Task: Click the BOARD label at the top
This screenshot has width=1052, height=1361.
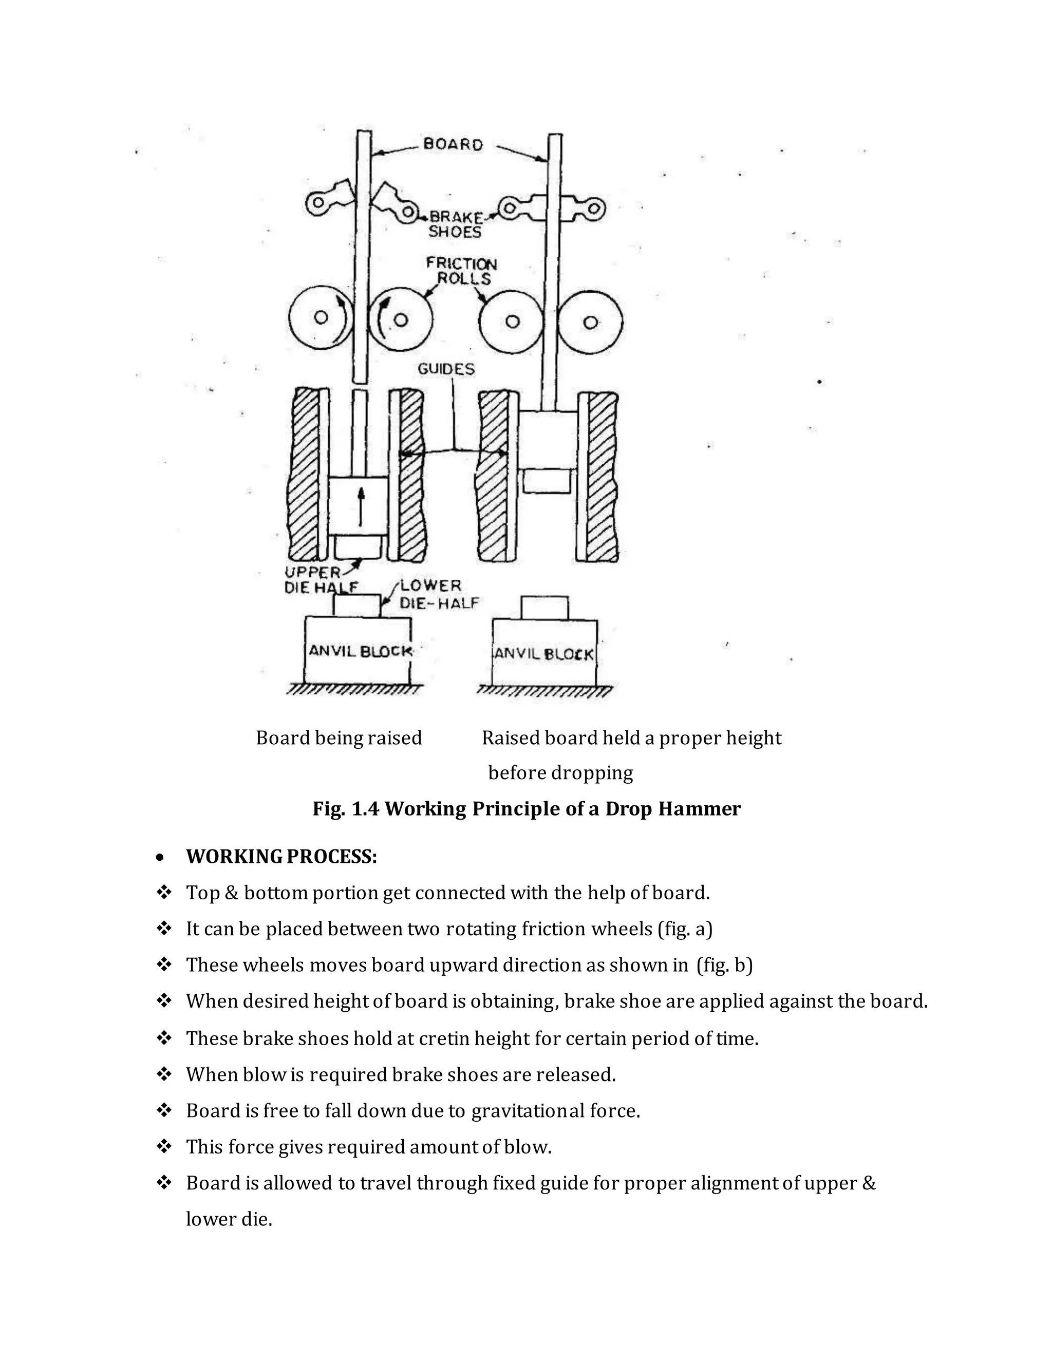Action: point(453,145)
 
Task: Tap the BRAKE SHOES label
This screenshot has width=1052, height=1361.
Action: point(456,225)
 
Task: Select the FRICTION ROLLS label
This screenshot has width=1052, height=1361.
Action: point(462,271)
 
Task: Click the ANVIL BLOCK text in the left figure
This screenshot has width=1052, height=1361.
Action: point(360,651)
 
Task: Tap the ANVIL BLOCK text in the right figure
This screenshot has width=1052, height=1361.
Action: point(544,654)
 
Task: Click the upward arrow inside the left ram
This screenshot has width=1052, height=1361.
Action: point(360,506)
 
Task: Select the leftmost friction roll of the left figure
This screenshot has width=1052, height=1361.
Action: point(321,318)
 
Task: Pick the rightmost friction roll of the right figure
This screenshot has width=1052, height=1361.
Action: point(591,322)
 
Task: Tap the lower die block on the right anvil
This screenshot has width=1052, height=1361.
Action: point(544,608)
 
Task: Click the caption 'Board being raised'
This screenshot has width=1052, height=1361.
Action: point(339,738)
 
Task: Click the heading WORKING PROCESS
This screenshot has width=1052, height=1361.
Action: point(281,857)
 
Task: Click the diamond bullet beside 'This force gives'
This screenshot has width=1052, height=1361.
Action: point(164,1147)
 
